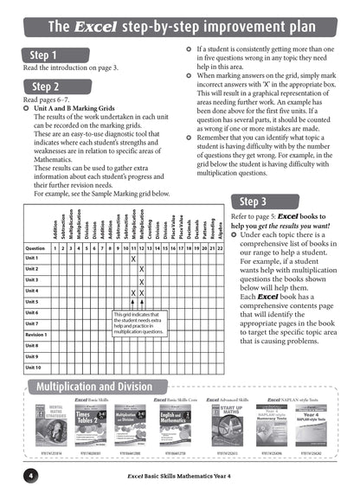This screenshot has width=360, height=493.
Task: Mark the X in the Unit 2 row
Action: [x=141, y=270]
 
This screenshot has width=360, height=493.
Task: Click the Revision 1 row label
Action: [x=36, y=334]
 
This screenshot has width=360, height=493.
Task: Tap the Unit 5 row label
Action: [x=32, y=302]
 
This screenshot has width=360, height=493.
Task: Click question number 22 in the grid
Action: [x=220, y=247]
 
